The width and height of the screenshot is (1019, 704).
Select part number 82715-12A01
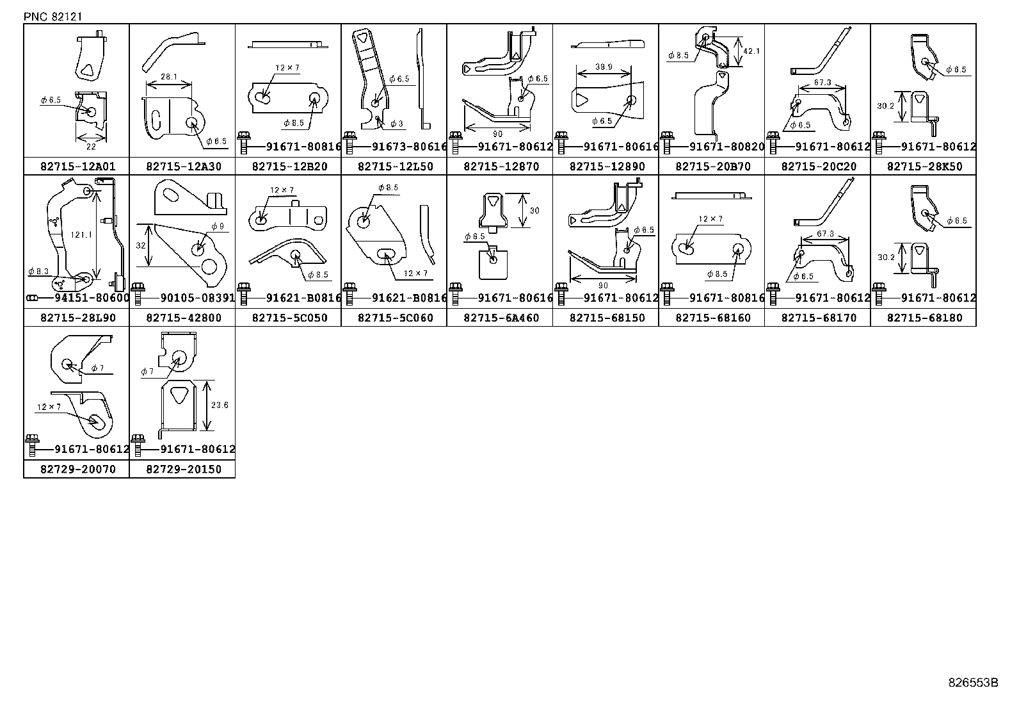click(x=77, y=167)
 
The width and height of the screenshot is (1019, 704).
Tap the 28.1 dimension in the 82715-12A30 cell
click(x=169, y=77)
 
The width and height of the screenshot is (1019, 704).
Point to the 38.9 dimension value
click(x=602, y=67)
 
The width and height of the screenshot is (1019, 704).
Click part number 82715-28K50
click(x=924, y=167)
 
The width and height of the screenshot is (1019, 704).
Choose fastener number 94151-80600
click(x=92, y=298)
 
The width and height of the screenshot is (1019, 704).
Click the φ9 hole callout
click(x=218, y=226)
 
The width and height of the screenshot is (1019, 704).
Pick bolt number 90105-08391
click(x=198, y=298)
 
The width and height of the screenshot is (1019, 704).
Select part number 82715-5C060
click(x=395, y=318)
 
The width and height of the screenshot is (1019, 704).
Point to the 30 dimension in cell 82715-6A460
click(x=534, y=211)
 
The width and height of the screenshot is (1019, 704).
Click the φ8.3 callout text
click(x=39, y=272)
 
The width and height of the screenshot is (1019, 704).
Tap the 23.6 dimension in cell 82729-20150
click(x=219, y=405)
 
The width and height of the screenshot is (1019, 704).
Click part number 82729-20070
click(x=77, y=469)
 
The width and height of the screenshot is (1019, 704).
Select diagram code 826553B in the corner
click(x=973, y=682)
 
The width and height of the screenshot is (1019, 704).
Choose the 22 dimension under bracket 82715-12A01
click(x=92, y=146)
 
